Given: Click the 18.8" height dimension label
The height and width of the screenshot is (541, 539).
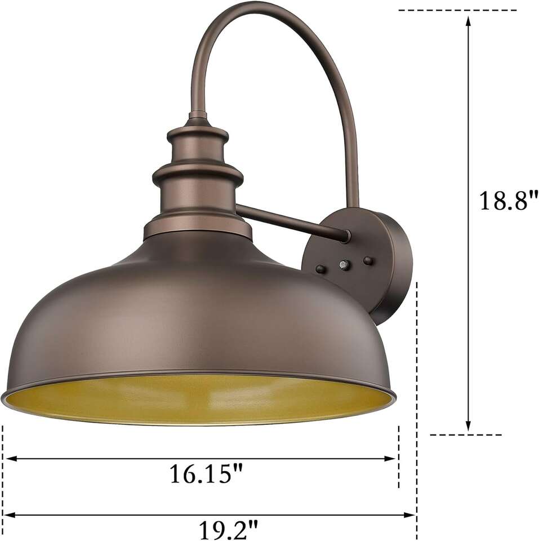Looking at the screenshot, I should tap(509, 201).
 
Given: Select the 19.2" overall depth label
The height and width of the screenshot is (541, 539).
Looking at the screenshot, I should tap(228, 530).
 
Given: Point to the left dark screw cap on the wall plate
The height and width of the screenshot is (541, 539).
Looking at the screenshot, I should tap(320, 269).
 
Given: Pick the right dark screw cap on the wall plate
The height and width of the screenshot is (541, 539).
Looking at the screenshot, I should tap(368, 260).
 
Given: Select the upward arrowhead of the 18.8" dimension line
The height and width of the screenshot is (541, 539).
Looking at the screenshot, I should tap(468, 20).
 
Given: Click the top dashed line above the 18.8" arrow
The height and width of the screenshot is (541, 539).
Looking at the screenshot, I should tap(456, 10).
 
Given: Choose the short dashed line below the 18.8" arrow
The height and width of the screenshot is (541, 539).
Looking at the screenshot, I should tap(465, 434).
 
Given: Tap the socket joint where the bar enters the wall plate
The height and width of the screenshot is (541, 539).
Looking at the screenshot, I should tap(345, 236).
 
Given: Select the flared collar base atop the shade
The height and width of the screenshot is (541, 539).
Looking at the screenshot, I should tap(197, 228).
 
